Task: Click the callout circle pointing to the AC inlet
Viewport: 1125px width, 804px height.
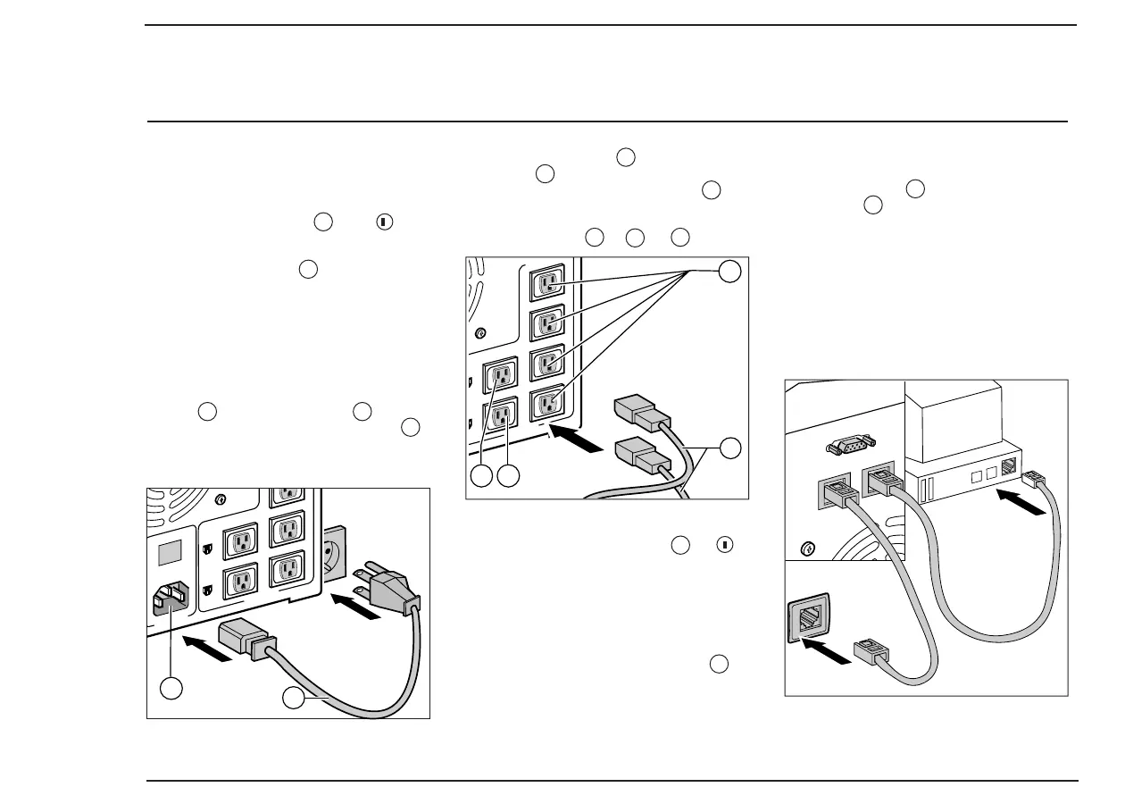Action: pyautogui.click(x=172, y=688)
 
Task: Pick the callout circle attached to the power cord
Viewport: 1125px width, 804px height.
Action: pyautogui.click(x=293, y=698)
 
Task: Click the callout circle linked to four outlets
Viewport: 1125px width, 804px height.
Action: pyautogui.click(x=730, y=271)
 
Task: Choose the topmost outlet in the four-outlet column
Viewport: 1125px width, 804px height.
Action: pyautogui.click(x=548, y=283)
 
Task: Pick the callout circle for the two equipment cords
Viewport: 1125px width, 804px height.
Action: pyautogui.click(x=730, y=449)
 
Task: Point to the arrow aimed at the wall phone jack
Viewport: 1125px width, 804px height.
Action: pyautogui.click(x=822, y=655)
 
